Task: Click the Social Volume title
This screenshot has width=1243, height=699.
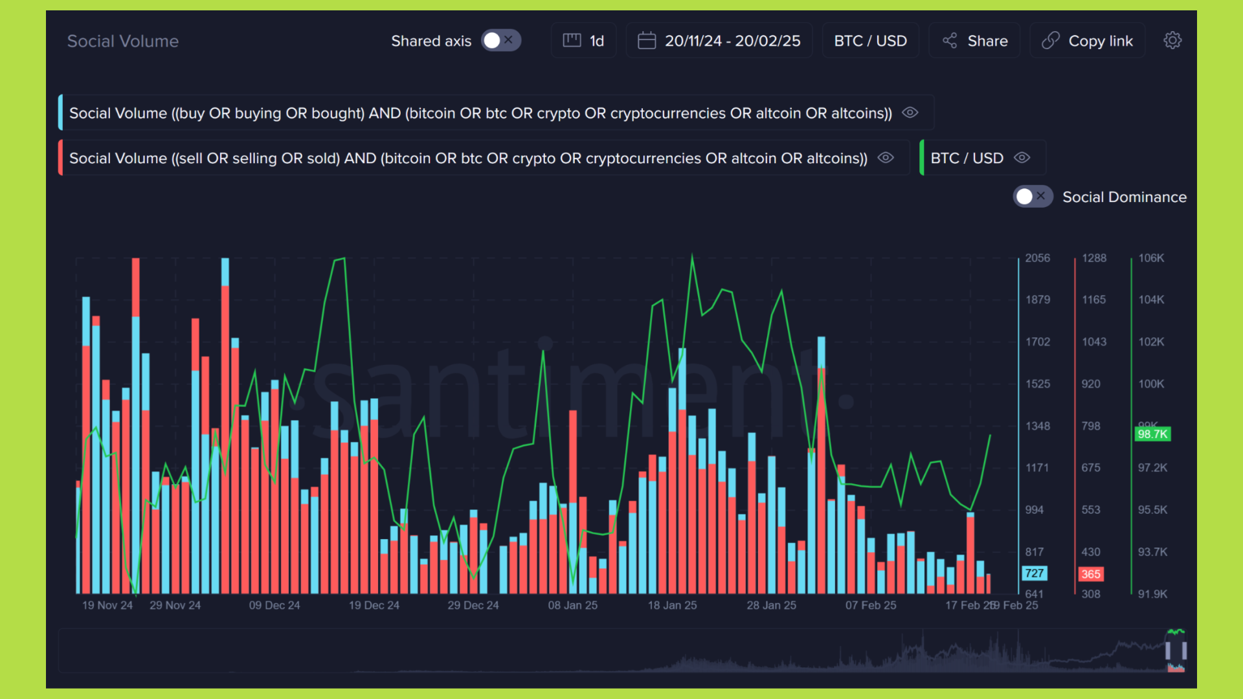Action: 123,41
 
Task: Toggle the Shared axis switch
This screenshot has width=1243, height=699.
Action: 500,41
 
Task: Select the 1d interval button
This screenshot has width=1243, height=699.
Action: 584,41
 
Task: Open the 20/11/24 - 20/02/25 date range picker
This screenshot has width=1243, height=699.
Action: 719,41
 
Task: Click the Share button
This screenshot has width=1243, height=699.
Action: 975,41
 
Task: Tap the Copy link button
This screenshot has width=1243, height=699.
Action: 1088,41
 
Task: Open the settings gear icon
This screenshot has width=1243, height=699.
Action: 1172,41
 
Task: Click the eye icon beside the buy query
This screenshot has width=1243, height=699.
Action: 910,113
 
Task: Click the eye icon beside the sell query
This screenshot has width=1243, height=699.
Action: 886,158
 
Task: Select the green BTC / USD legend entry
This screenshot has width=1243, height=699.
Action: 967,158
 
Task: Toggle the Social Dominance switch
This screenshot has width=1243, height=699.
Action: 1033,197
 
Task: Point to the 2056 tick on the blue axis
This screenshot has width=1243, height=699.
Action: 1037,258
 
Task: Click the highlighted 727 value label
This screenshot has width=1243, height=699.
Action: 1034,573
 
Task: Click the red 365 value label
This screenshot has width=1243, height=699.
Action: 1091,574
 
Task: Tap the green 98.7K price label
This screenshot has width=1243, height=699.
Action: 1152,434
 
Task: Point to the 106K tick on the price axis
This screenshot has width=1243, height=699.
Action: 1151,258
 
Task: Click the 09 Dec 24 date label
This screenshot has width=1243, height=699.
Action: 274,606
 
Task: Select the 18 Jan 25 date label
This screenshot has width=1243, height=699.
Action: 672,606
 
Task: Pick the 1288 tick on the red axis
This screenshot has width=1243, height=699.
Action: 1094,258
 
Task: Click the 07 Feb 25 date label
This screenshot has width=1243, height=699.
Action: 871,606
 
